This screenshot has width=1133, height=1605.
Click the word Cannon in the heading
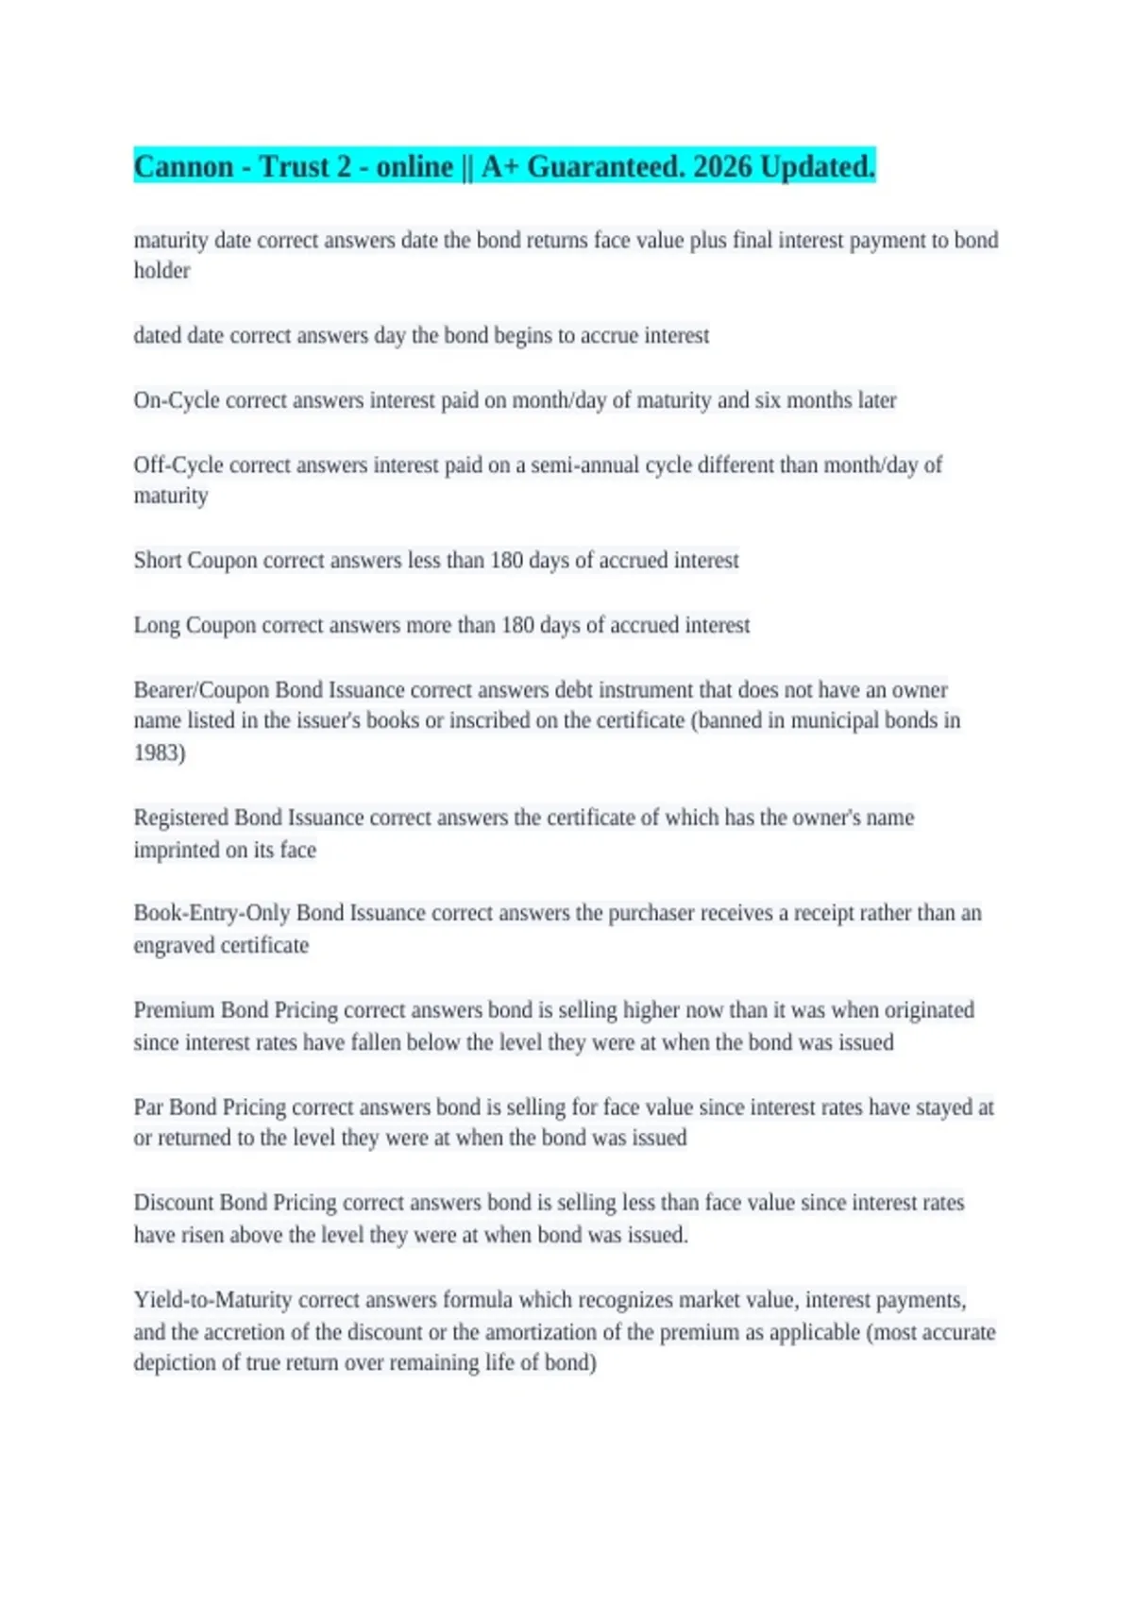pos(183,167)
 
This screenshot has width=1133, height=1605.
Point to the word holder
pos(161,271)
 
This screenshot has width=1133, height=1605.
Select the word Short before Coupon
pos(157,561)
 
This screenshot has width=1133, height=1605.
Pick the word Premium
pos(174,1010)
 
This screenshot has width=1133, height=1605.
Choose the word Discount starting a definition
pos(173,1203)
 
